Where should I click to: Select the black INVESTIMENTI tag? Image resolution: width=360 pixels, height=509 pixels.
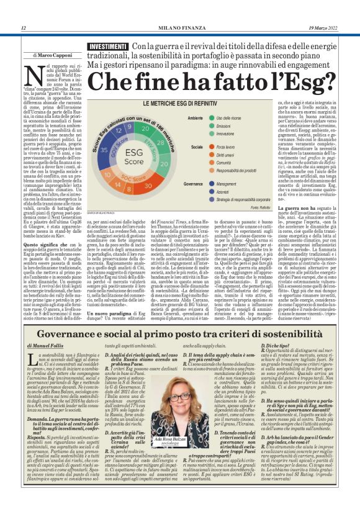[x=107, y=47]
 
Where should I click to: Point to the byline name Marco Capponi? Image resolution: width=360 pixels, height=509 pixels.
[x=55, y=54]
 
